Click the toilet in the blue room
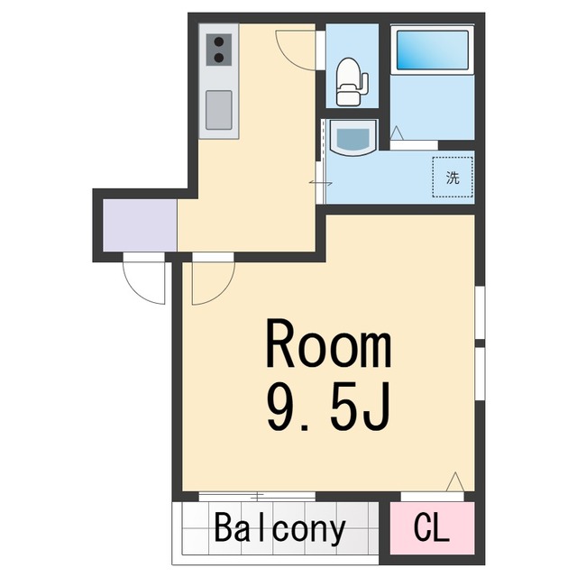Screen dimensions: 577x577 coord(352,81)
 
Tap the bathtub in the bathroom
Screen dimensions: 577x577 coord(433,50)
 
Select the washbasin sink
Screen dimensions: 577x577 coord(353,137)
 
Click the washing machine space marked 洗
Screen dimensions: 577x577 coord(453,177)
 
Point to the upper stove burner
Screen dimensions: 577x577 coord(219,41)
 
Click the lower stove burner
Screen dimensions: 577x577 coord(219,58)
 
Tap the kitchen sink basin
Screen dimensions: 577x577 coord(219,110)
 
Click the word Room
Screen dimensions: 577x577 coord(328,344)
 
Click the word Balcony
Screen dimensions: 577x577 coord(279,529)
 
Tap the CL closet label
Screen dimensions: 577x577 coord(431,528)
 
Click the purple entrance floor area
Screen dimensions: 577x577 coord(140,225)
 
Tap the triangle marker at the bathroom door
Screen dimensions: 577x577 coord(397,133)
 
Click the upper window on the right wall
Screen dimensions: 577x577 coord(480,313)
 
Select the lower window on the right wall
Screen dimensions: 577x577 coord(480,374)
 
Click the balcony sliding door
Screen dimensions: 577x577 coord(257,497)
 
